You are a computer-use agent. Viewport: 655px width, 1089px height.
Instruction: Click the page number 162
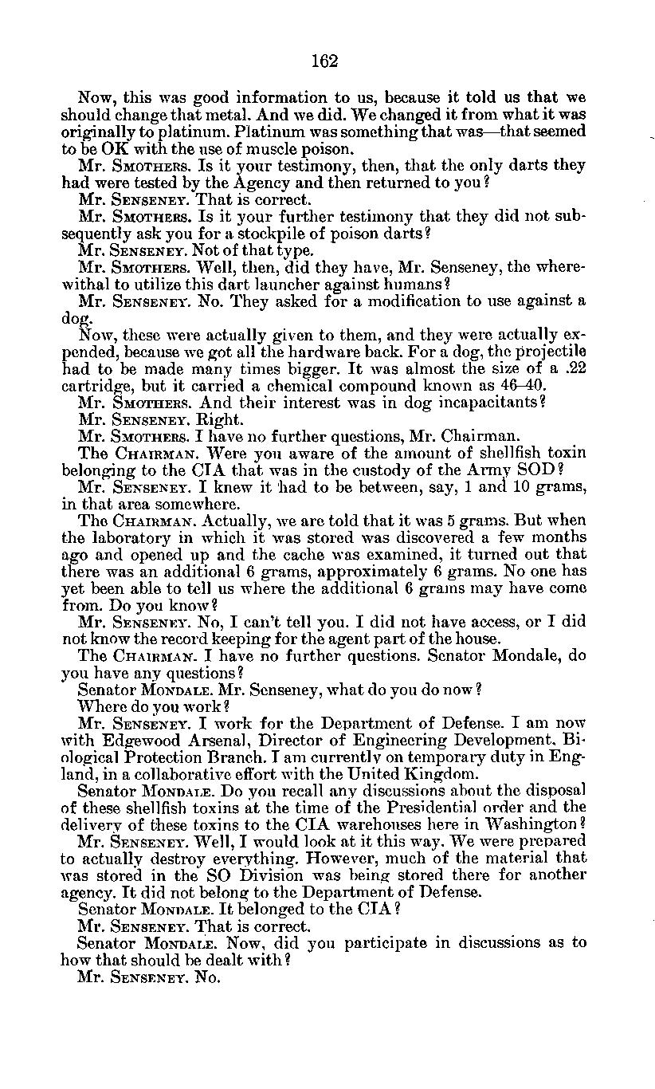(x=327, y=61)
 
